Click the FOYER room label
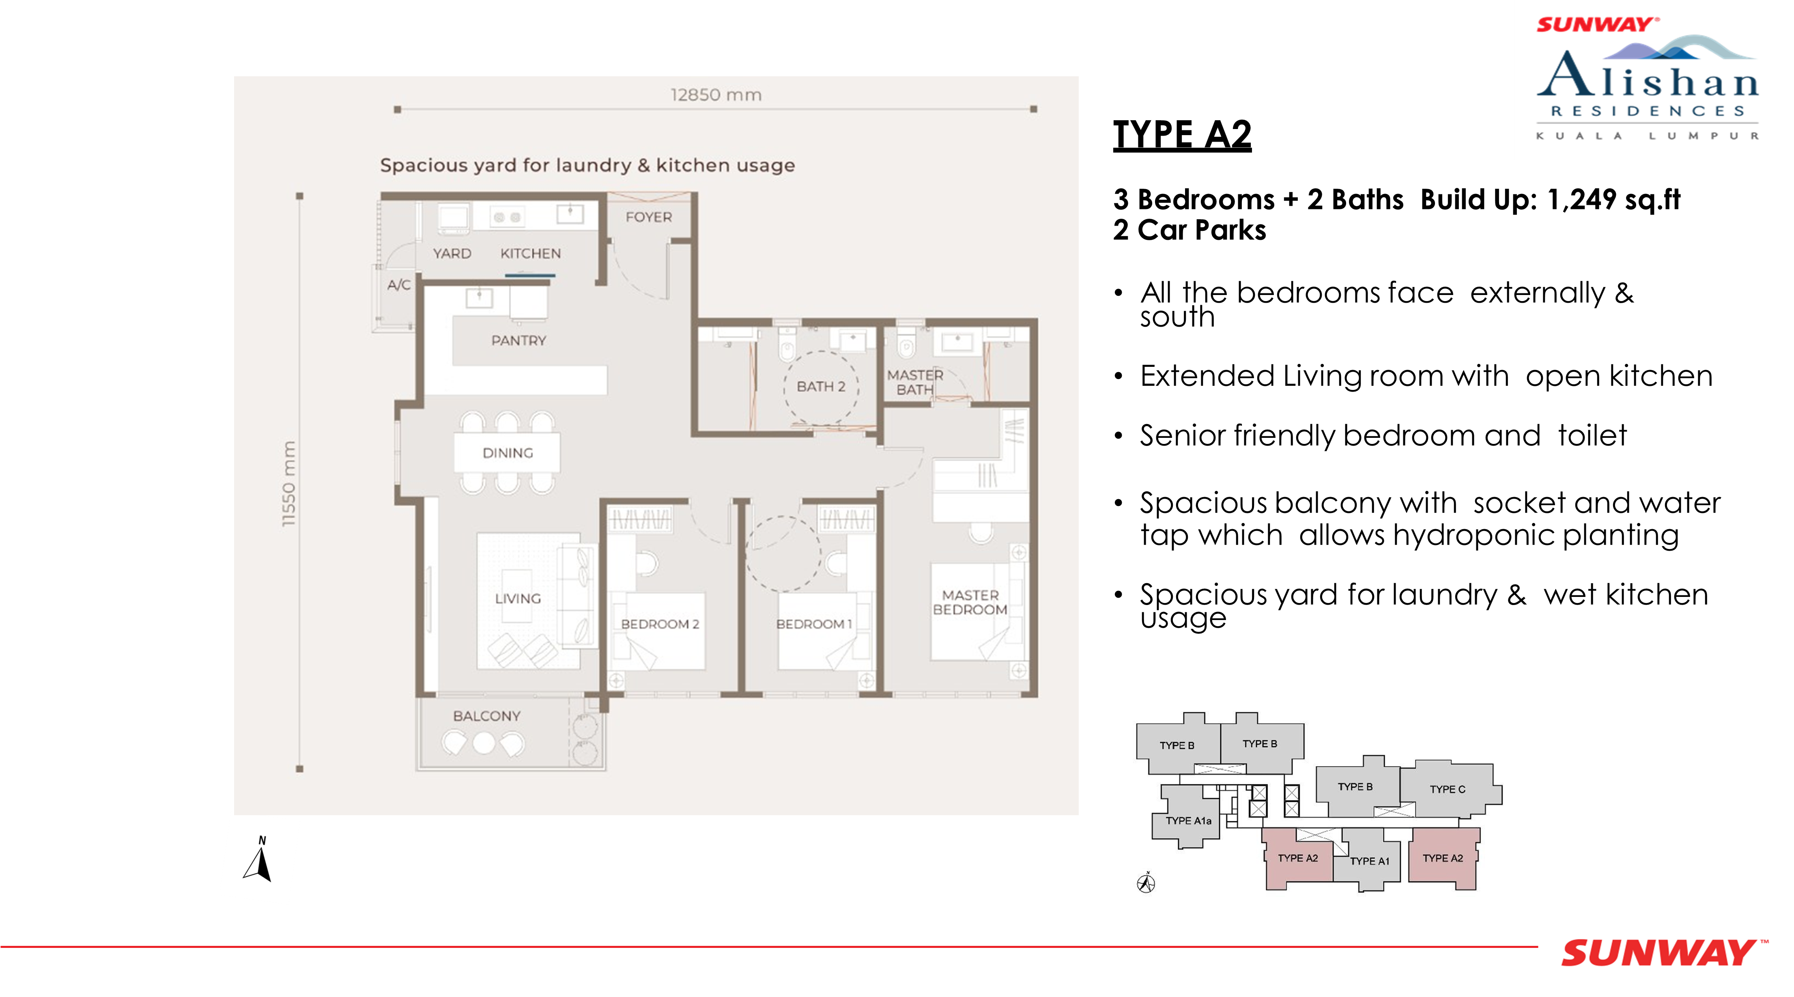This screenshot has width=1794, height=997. coord(648,217)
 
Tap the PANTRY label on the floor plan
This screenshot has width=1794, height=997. coord(519,341)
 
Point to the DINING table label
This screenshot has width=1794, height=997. coord(508,453)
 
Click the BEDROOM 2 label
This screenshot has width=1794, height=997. coord(660,624)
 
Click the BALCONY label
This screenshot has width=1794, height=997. coord(487,716)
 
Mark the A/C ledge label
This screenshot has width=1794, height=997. coord(399,285)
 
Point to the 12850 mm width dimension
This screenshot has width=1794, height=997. coord(716,95)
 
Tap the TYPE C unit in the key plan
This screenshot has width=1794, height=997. coord(1448,789)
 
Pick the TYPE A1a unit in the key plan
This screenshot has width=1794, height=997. coord(1188,821)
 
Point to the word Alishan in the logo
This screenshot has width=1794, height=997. coord(1648,75)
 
